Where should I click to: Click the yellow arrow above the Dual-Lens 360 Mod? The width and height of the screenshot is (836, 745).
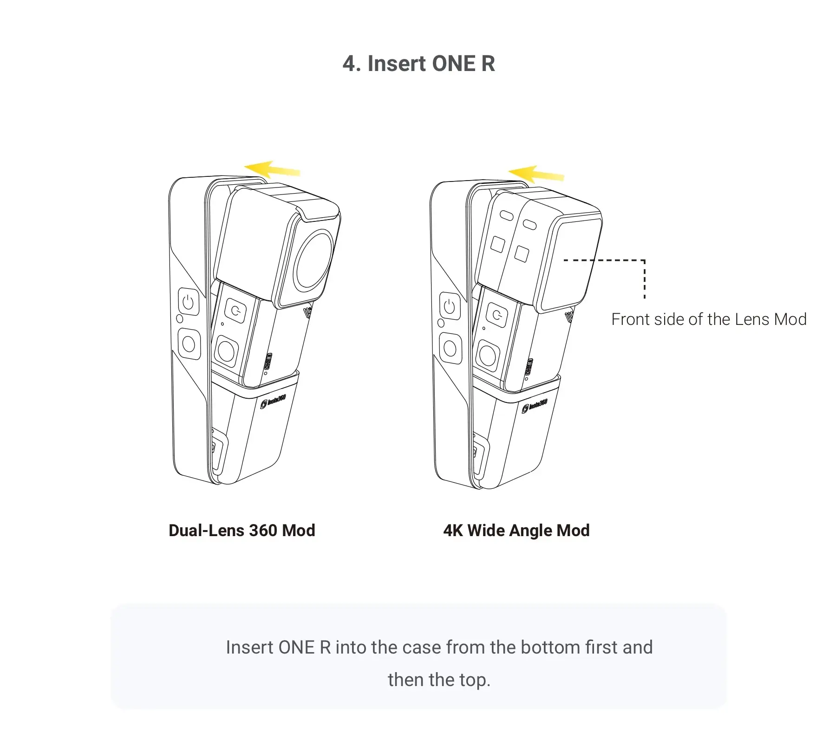coord(272,169)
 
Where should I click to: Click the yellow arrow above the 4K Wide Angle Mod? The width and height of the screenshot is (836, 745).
coord(536,173)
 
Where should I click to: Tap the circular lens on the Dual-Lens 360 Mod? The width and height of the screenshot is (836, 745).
coord(314,259)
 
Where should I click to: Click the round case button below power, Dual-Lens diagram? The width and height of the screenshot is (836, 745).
coord(189,344)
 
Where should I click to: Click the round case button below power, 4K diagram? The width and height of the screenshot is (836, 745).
coord(450,348)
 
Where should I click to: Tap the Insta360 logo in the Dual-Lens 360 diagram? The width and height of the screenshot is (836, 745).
coord(273,401)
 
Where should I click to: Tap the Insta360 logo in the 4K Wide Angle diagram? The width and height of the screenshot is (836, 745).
coord(535,405)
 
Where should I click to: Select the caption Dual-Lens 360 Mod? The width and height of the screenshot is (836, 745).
coord(242,530)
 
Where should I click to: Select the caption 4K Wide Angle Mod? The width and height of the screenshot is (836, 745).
coord(516,530)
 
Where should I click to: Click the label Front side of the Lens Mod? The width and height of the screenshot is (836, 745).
coord(709,319)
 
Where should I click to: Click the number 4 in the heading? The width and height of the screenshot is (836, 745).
coord(350,64)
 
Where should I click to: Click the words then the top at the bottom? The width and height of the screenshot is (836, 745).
coord(439,680)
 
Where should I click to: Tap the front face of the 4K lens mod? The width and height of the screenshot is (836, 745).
coord(570,262)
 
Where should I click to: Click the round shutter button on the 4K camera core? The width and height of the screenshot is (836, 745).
coord(487,355)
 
